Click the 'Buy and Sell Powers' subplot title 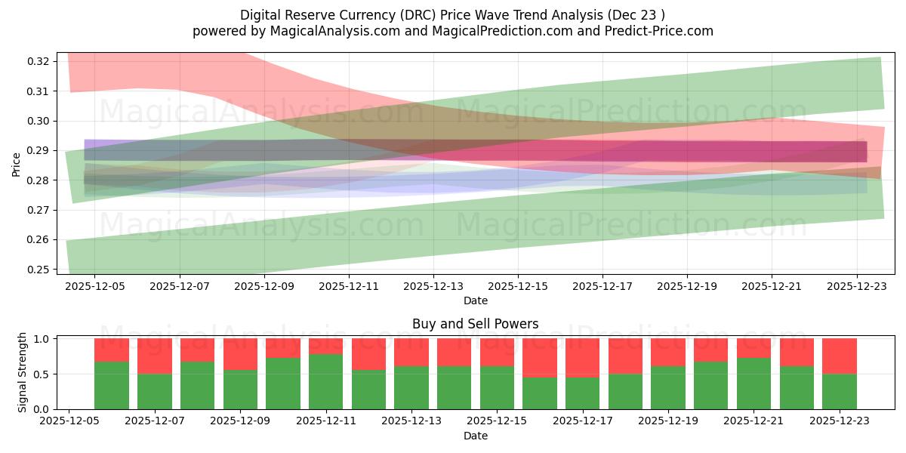coord(475,324)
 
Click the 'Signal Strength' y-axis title coord(23,373)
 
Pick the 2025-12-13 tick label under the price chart coord(433,286)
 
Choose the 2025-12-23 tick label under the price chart coord(856,286)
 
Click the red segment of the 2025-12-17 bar coord(582,357)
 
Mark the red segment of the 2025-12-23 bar coord(839,356)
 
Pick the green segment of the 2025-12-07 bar coord(155,391)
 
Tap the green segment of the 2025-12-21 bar coord(753,384)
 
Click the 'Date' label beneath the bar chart coord(475,436)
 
